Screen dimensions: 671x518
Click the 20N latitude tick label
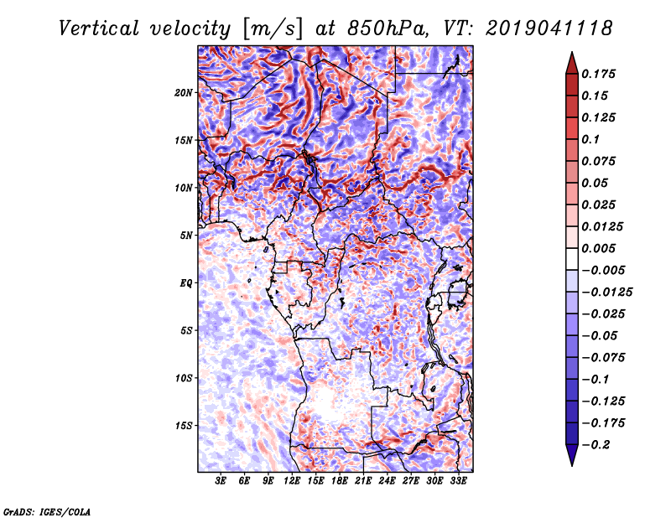pyautogui.click(x=184, y=92)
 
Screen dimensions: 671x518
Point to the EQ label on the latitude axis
pyautogui.click(x=185, y=283)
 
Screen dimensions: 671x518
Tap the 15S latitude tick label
pyautogui.click(x=184, y=426)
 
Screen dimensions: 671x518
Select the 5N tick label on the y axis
pyautogui.click(x=186, y=236)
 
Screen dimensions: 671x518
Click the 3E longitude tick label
pyautogui.click(x=221, y=480)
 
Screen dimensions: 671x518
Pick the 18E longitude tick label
pyautogui.click(x=340, y=480)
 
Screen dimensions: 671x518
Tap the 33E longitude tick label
pyautogui.click(x=458, y=480)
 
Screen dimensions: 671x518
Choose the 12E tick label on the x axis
pyautogui.click(x=292, y=480)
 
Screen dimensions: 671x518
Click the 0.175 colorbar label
pyautogui.click(x=598, y=74)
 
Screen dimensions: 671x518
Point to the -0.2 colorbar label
pyautogui.click(x=596, y=445)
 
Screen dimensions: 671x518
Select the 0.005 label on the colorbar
pyautogui.click(x=598, y=248)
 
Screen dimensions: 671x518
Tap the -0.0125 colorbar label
pyautogui.click(x=606, y=293)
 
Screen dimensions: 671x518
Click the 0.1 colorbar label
pyautogui.click(x=590, y=139)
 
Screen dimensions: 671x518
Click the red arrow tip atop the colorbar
pyautogui.click(x=572, y=53)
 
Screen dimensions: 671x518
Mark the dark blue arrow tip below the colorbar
pyautogui.click(x=572, y=465)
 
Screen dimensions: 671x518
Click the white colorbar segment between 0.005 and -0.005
pyautogui.click(x=572, y=259)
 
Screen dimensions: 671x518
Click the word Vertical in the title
pyautogui.click(x=99, y=28)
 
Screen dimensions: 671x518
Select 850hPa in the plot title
pyautogui.click(x=388, y=28)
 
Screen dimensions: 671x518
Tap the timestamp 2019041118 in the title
pyautogui.click(x=549, y=28)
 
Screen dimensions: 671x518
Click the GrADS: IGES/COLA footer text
pyautogui.click(x=47, y=511)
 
